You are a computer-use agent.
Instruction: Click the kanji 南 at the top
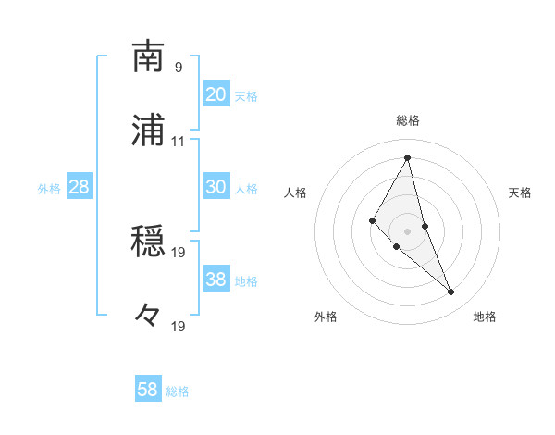[149, 56]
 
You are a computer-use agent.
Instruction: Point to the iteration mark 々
[149, 316]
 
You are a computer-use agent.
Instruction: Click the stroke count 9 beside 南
[179, 67]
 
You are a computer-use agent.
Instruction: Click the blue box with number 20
[216, 94]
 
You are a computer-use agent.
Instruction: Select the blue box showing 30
[216, 187]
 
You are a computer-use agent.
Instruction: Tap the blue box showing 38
[216, 280]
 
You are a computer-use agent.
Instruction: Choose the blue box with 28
[80, 187]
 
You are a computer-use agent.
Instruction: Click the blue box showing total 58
[148, 390]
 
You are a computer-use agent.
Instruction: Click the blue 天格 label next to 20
[246, 95]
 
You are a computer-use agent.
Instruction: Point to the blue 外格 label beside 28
[49, 188]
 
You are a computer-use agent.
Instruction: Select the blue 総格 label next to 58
[178, 391]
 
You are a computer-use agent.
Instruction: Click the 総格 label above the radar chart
[408, 120]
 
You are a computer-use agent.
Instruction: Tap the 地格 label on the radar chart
[485, 317]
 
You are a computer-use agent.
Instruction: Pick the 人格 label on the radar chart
[296, 193]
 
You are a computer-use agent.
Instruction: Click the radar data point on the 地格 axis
[451, 292]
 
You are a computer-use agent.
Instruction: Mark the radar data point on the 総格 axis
[408, 157]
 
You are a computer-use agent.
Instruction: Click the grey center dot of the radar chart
[408, 230]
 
